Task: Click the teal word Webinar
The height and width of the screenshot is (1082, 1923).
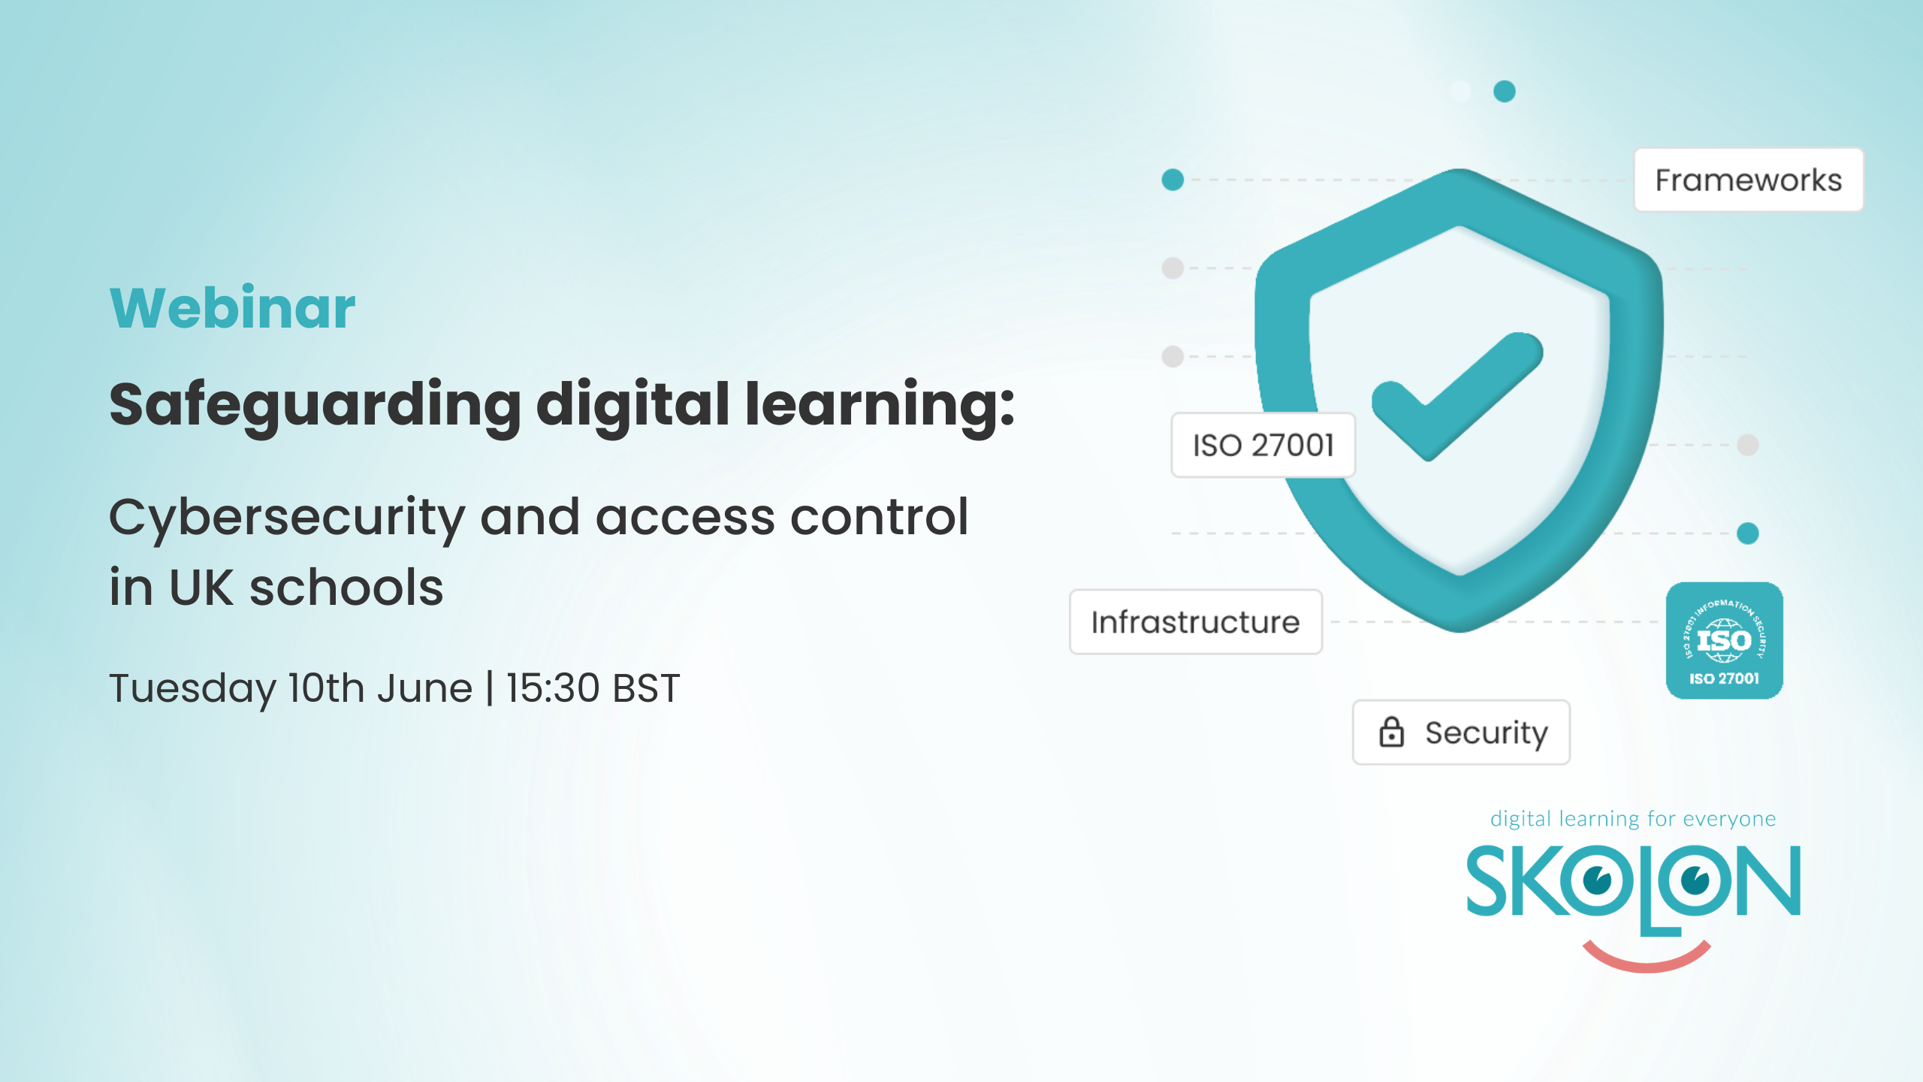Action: pos(232,308)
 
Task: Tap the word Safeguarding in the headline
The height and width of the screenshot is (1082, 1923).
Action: pos(315,407)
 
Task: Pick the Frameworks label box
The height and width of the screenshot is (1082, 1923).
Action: pos(1749,180)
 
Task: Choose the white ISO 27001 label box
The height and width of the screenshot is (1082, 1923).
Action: pos(1263,445)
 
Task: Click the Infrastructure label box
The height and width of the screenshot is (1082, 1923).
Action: pos(1196,622)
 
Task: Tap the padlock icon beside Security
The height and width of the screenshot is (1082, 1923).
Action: pos(1391,731)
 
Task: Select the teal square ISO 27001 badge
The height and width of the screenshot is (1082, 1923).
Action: pos(1725,641)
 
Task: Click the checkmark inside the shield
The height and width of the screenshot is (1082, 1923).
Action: pos(1457,397)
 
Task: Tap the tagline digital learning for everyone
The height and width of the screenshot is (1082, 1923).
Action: pos(1633,818)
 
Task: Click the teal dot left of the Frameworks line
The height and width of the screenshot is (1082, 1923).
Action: pos(1173,180)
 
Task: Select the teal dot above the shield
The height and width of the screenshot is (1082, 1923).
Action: pos(1505,91)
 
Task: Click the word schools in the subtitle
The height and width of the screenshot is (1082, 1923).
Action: pos(346,588)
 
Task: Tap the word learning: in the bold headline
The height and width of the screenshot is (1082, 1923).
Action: pos(880,407)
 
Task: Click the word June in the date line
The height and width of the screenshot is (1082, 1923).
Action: pos(424,688)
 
